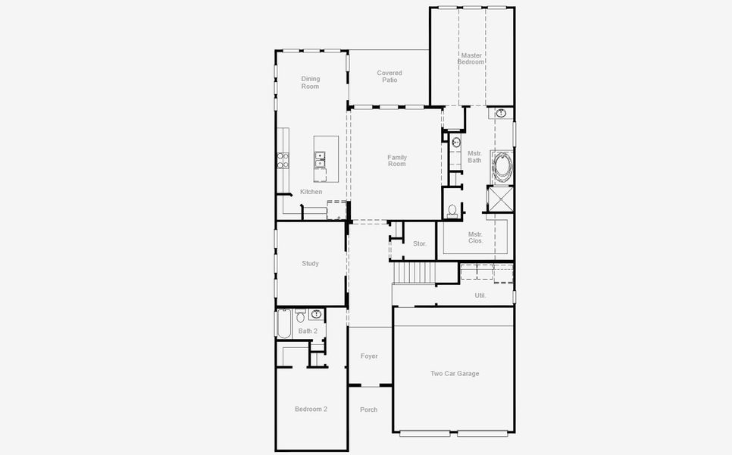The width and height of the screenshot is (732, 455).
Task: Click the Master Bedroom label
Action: coord(471,58)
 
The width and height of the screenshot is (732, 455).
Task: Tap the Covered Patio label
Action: coord(389,76)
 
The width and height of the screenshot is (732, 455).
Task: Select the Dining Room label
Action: coord(311,82)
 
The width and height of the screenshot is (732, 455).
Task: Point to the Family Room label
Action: coord(397,161)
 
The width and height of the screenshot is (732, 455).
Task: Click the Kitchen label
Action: coord(311,192)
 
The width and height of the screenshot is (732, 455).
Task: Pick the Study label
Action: coord(310,263)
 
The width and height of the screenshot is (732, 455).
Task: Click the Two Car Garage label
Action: coord(455,373)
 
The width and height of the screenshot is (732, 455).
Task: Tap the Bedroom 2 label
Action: coord(311,409)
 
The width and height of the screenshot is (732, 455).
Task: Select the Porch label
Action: coord(369,409)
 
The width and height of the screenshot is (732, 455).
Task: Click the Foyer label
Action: coord(369,356)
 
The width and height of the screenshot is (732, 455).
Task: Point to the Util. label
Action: coord(480,295)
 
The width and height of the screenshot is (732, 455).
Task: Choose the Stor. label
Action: coord(420,243)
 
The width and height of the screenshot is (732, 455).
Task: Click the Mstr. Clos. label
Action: coord(475,237)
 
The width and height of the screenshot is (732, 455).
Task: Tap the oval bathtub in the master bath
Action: coord(502,167)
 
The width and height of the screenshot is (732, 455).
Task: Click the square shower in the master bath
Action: coord(500,199)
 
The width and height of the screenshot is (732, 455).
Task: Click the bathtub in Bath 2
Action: coord(284,323)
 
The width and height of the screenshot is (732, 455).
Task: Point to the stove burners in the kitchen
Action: coord(283,160)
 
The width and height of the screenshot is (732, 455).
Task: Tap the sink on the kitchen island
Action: coord(320,159)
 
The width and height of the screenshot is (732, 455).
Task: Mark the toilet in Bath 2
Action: coord(300,316)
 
